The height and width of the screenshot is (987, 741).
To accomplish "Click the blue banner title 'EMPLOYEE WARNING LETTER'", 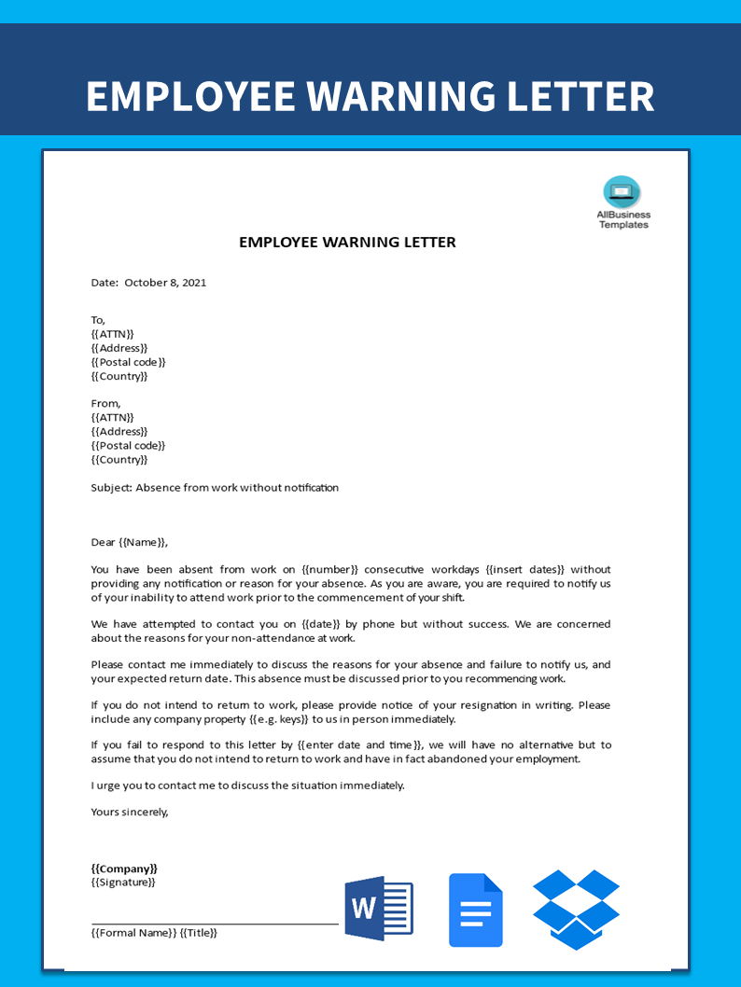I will [x=370, y=97].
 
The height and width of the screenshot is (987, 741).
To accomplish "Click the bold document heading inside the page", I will [x=347, y=243].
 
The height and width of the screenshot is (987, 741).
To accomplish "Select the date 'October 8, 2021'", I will [x=165, y=283].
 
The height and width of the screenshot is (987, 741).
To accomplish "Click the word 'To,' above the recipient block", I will [x=99, y=320].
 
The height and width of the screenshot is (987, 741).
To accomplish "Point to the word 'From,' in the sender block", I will [x=105, y=403].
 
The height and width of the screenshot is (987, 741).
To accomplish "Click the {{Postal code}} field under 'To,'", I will [x=128, y=362].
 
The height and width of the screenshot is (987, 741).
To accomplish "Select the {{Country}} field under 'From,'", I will [x=119, y=459].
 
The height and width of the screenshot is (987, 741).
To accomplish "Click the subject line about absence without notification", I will [x=215, y=487].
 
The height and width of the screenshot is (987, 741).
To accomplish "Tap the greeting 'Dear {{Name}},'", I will [x=130, y=542].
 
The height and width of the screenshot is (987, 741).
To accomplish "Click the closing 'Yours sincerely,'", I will [x=130, y=812].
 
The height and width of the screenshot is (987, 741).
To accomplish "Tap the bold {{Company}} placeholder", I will [x=124, y=869].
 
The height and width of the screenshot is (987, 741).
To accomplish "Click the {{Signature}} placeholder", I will [x=123, y=883].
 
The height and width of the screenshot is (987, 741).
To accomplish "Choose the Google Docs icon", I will [x=476, y=910].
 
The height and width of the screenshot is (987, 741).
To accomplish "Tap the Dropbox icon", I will [x=576, y=910].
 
